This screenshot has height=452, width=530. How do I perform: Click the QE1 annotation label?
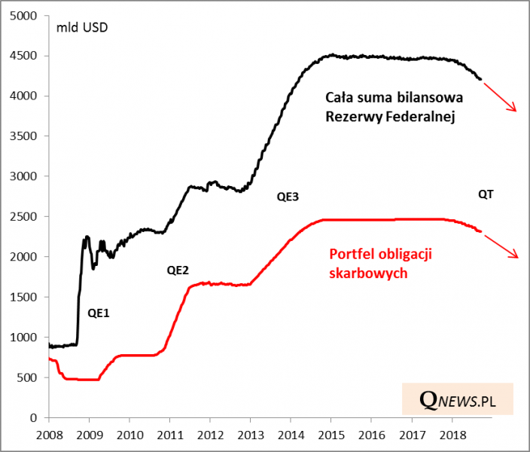click(99, 312)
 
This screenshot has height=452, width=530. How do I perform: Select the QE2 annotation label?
click(177, 269)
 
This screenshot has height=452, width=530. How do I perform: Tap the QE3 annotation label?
click(288, 197)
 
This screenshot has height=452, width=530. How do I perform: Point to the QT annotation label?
click(486, 194)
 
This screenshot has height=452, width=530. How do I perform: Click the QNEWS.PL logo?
click(456, 398)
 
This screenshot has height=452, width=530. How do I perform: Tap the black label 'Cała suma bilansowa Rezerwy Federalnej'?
click(394, 107)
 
